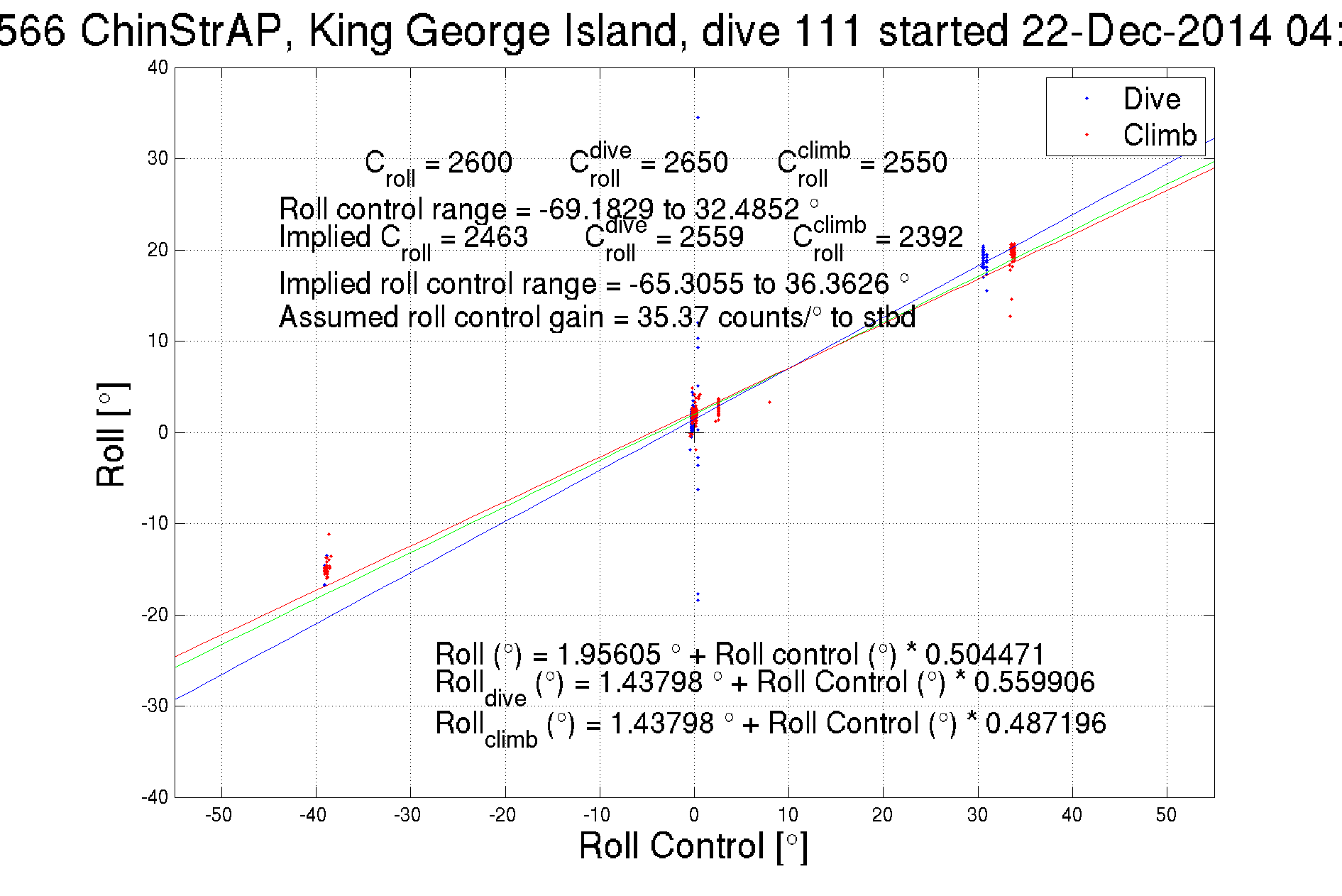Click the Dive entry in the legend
pos(1150,99)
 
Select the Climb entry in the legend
pos(1159,135)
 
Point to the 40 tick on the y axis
pos(158,67)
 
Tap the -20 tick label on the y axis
pos(155,615)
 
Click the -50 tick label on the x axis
pos(219,815)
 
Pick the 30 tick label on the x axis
pos(977,815)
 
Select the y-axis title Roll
pos(111,435)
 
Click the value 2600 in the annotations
pos(480,163)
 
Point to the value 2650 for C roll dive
pos(695,163)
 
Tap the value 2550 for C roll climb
pos(915,163)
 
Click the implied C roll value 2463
pos(495,237)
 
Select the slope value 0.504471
pos(985,654)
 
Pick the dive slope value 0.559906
pos(1034,682)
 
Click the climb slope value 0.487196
pos(1045,723)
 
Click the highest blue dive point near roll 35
pos(698,117)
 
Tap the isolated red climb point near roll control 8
pos(769,403)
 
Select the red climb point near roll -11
pos(329,534)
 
